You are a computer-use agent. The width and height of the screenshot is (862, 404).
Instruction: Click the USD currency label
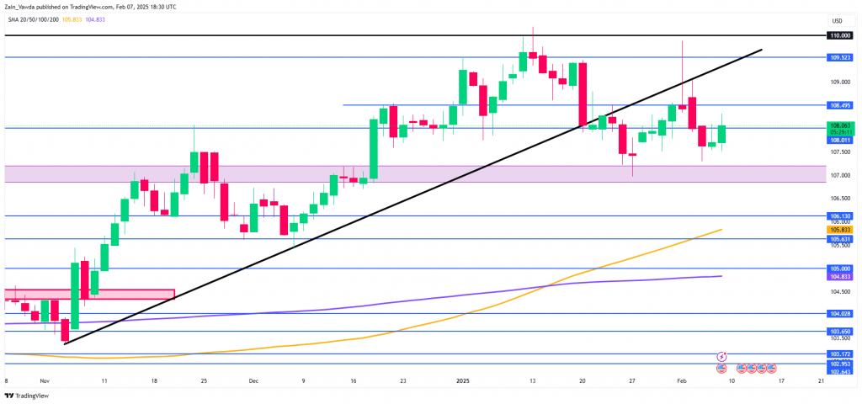(x=837, y=21)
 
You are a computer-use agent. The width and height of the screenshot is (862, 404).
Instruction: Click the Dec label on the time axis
(x=253, y=380)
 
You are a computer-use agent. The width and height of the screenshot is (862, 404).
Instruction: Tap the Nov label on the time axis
(x=45, y=380)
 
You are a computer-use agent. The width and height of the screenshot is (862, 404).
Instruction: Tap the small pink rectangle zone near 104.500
(x=88, y=295)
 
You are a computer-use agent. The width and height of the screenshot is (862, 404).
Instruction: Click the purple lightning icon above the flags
(x=721, y=358)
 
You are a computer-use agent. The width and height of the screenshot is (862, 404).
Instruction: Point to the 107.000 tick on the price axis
(x=839, y=176)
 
